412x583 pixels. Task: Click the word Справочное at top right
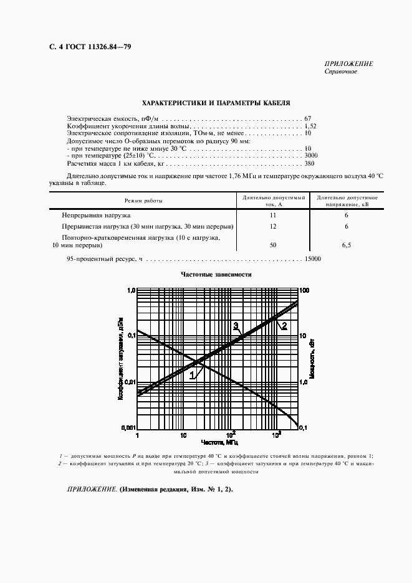pyautogui.click(x=340, y=72)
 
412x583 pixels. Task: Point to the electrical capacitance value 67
pyautogui.click(x=308, y=118)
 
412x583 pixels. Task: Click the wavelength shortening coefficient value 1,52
pyautogui.click(x=310, y=126)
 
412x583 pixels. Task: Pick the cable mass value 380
pyautogui.click(x=309, y=164)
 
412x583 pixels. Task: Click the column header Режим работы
pyautogui.click(x=143, y=201)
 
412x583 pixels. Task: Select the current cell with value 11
pyautogui.click(x=272, y=214)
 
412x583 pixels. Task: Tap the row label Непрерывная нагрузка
pyautogui.click(x=96, y=214)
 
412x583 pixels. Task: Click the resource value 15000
pyautogui.click(x=312, y=258)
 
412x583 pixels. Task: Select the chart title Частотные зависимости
pyautogui.click(x=216, y=275)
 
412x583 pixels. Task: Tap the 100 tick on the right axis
pyautogui.click(x=305, y=290)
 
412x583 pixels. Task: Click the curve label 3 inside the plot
pyautogui.click(x=236, y=326)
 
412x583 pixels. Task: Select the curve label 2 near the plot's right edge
pyautogui.click(x=284, y=326)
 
